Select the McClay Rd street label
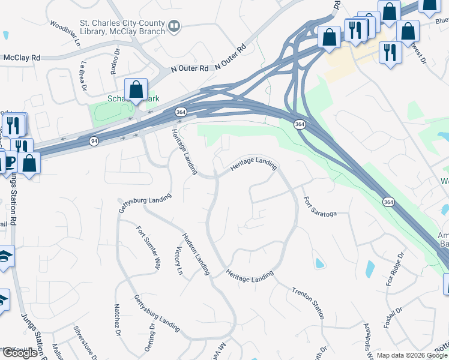[x=22, y=58]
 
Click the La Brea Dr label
[x=83, y=75]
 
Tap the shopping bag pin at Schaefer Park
[x=136, y=90]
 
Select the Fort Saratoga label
[x=319, y=206]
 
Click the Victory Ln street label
[x=178, y=260]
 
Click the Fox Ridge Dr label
[x=394, y=274]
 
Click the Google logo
[x=19, y=353]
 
